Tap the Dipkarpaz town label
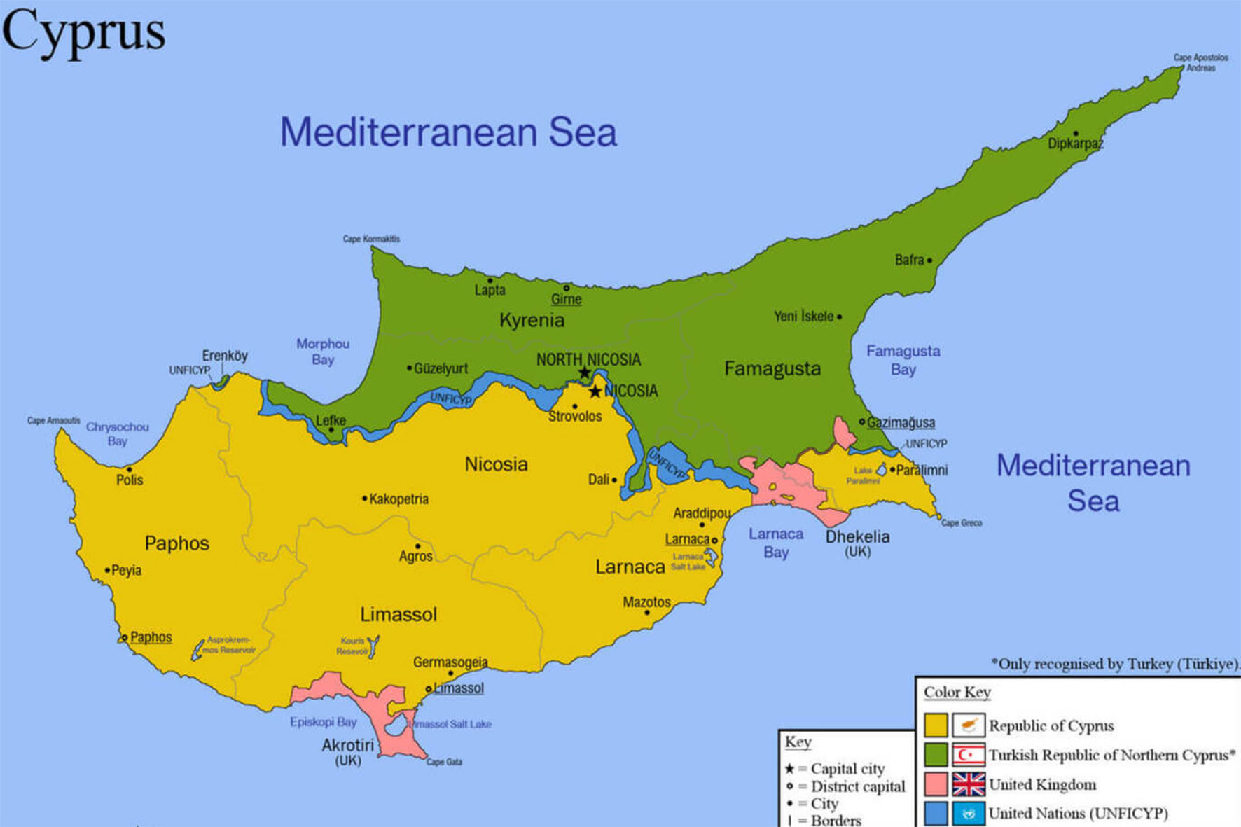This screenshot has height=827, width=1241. click(x=1075, y=144)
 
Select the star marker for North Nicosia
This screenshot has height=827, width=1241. click(x=585, y=373)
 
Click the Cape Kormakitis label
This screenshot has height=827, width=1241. click(x=371, y=239)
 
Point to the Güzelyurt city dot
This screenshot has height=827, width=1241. click(x=410, y=368)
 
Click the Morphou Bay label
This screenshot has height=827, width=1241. click(x=322, y=352)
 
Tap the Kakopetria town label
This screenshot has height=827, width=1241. click(x=398, y=499)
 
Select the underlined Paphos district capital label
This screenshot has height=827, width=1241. click(x=151, y=637)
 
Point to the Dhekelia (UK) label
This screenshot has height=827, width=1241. click(x=857, y=543)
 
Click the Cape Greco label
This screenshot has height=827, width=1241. click(x=961, y=523)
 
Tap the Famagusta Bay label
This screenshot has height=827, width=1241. click(x=903, y=360)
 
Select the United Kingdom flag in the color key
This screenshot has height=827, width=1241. click(x=969, y=784)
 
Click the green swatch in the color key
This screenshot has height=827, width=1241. click(x=936, y=755)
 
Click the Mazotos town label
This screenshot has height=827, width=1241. click(x=646, y=602)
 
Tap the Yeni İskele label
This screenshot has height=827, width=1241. click(x=803, y=317)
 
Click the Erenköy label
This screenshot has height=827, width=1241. click(x=225, y=356)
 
